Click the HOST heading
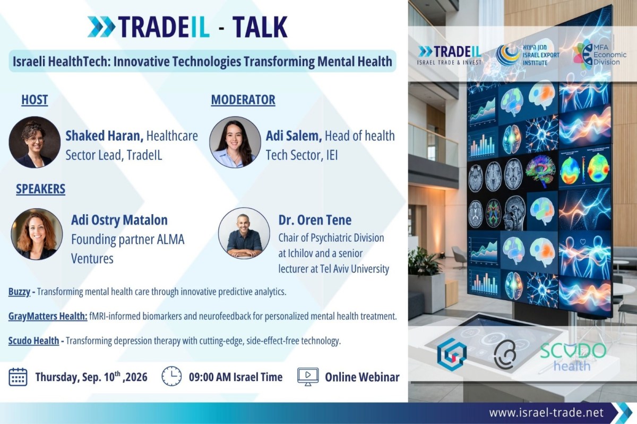point(35,100)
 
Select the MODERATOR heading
point(243,100)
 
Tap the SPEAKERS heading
point(40,189)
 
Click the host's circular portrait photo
point(35,142)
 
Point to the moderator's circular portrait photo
point(235,142)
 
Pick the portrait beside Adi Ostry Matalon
point(37,234)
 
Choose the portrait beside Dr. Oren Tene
point(244,233)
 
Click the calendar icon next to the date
point(18,377)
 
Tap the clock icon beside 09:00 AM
point(171,376)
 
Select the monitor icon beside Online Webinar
point(308,377)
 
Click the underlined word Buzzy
point(19,292)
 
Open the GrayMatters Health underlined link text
point(48,316)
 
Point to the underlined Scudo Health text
point(33,341)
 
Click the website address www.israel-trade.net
point(546,413)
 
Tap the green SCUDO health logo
point(573,357)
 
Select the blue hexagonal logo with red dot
point(452,354)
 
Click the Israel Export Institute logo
point(528,55)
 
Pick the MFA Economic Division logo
point(599,55)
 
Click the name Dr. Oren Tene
point(315,220)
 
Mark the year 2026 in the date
point(136,377)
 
